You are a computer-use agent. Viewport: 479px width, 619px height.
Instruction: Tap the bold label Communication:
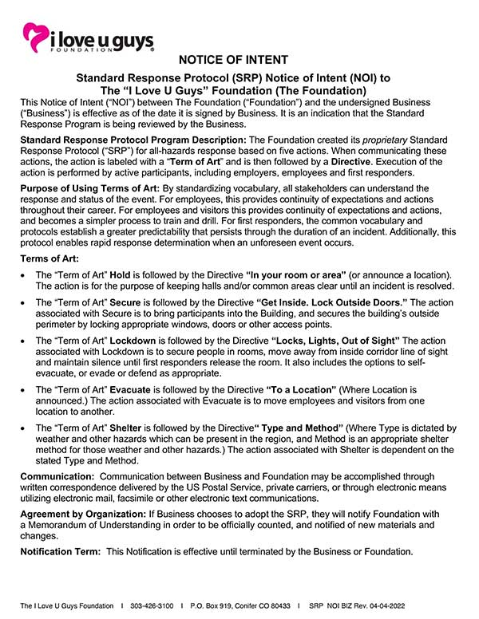tap(57, 476)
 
